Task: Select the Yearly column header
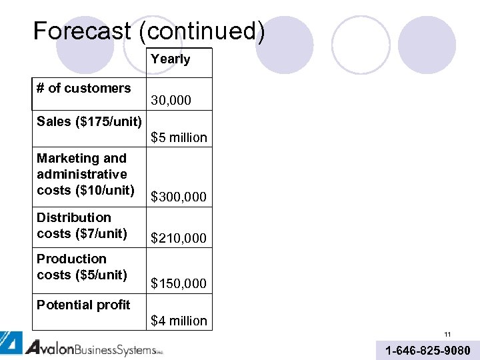tap(170, 59)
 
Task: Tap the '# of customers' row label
tap(84, 88)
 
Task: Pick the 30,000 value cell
tap(171, 101)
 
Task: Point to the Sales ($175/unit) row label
tap(89, 121)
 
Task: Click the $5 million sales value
tap(179, 138)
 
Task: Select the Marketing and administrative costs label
tap(82, 174)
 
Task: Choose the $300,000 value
tap(179, 197)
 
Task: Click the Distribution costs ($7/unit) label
tap(82, 225)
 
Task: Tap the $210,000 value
tap(179, 238)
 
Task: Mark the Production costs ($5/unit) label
tap(82, 267)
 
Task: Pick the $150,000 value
tap(179, 284)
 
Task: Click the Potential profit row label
tap(83, 305)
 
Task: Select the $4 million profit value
tap(179, 321)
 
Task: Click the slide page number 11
tap(448, 335)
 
